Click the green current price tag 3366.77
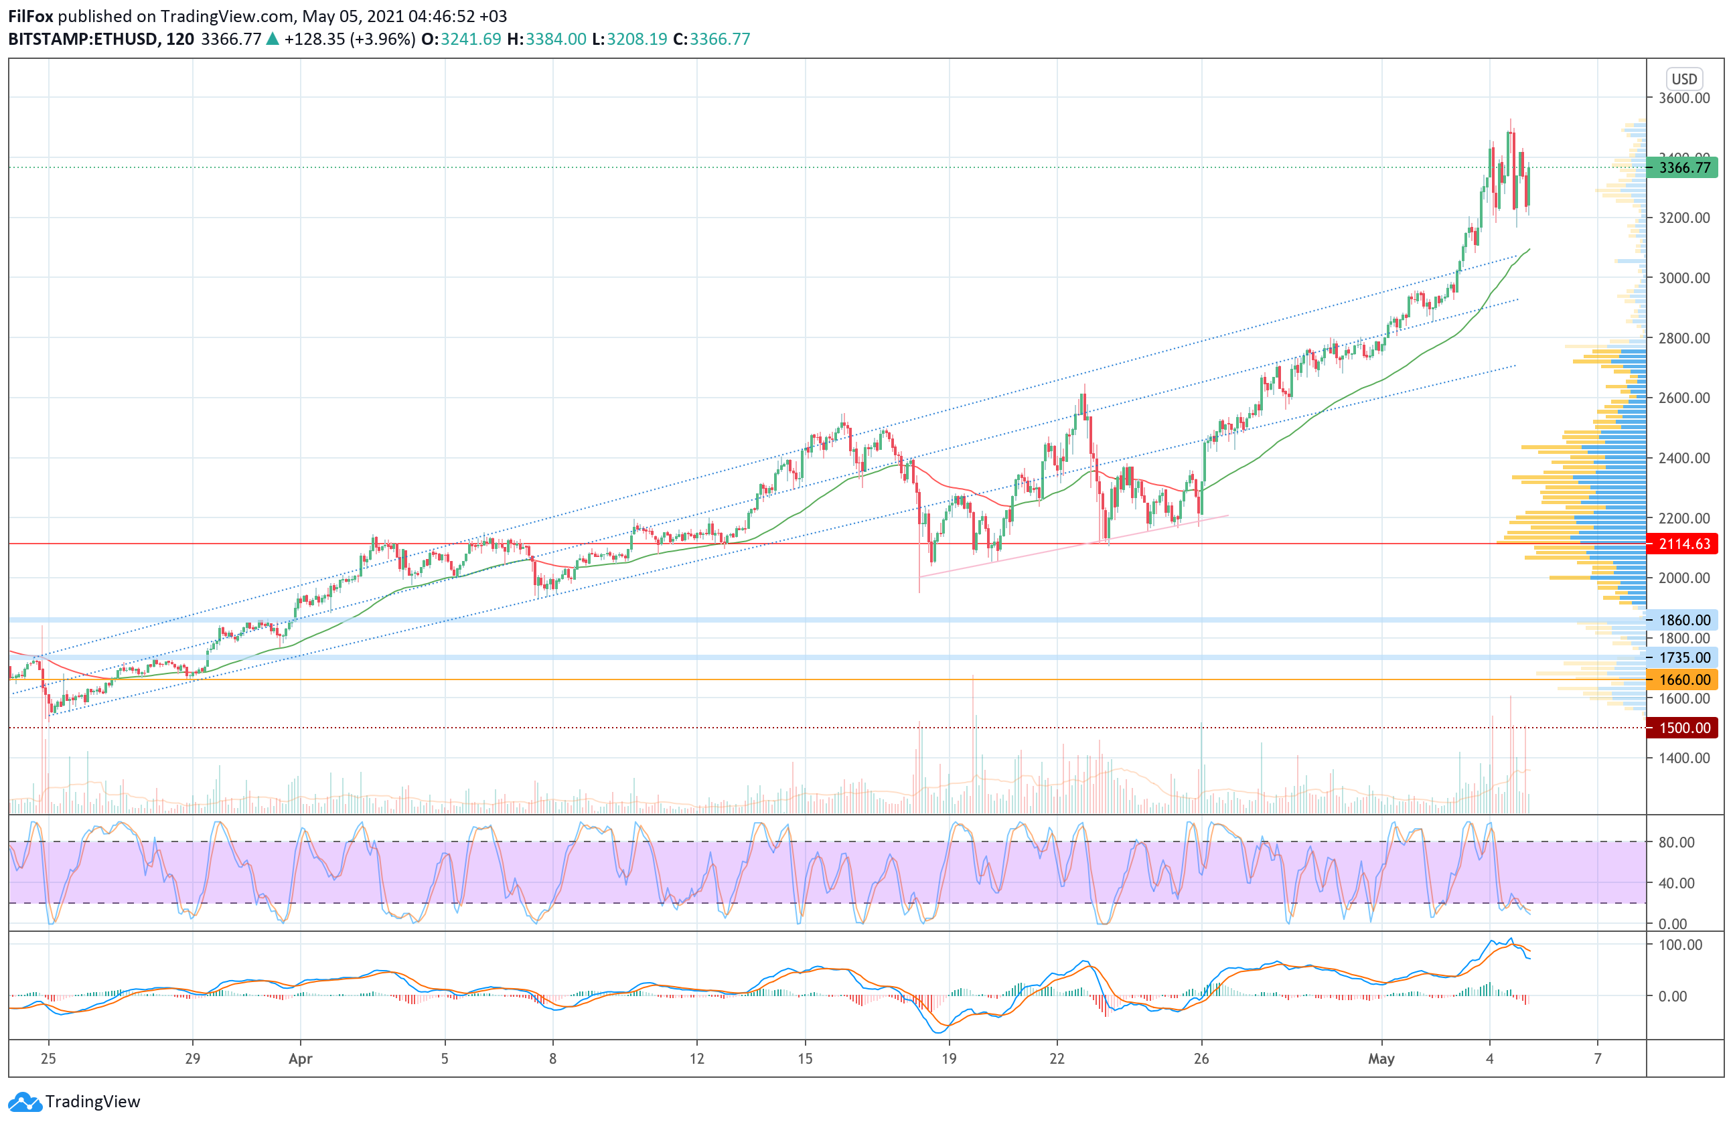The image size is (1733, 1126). pyautogui.click(x=1684, y=167)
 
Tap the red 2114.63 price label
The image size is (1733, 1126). pyautogui.click(x=1684, y=544)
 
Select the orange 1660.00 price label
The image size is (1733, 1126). pyautogui.click(x=1684, y=680)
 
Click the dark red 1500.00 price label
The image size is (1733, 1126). pyautogui.click(x=1684, y=728)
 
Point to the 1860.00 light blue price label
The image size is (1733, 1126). pyautogui.click(x=1684, y=620)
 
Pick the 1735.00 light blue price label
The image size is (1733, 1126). pyautogui.click(x=1684, y=658)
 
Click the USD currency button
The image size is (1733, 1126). pyautogui.click(x=1683, y=78)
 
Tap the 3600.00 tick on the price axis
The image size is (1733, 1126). pyautogui.click(x=1683, y=98)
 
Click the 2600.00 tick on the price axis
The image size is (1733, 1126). pyautogui.click(x=1683, y=398)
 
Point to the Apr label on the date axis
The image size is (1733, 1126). pyautogui.click(x=300, y=1058)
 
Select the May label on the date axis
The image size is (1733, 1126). pyautogui.click(x=1381, y=1058)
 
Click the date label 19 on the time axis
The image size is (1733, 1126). pyautogui.click(x=948, y=1058)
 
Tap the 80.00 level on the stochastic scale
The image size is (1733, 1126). pyautogui.click(x=1676, y=842)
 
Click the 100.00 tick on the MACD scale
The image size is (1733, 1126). pyautogui.click(x=1680, y=945)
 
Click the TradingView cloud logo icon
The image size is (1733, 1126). pyautogui.click(x=25, y=1101)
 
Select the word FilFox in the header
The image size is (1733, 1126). pyautogui.click(x=31, y=16)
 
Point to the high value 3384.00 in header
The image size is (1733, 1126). pyautogui.click(x=556, y=39)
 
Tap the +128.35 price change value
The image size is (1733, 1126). pyautogui.click(x=315, y=39)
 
